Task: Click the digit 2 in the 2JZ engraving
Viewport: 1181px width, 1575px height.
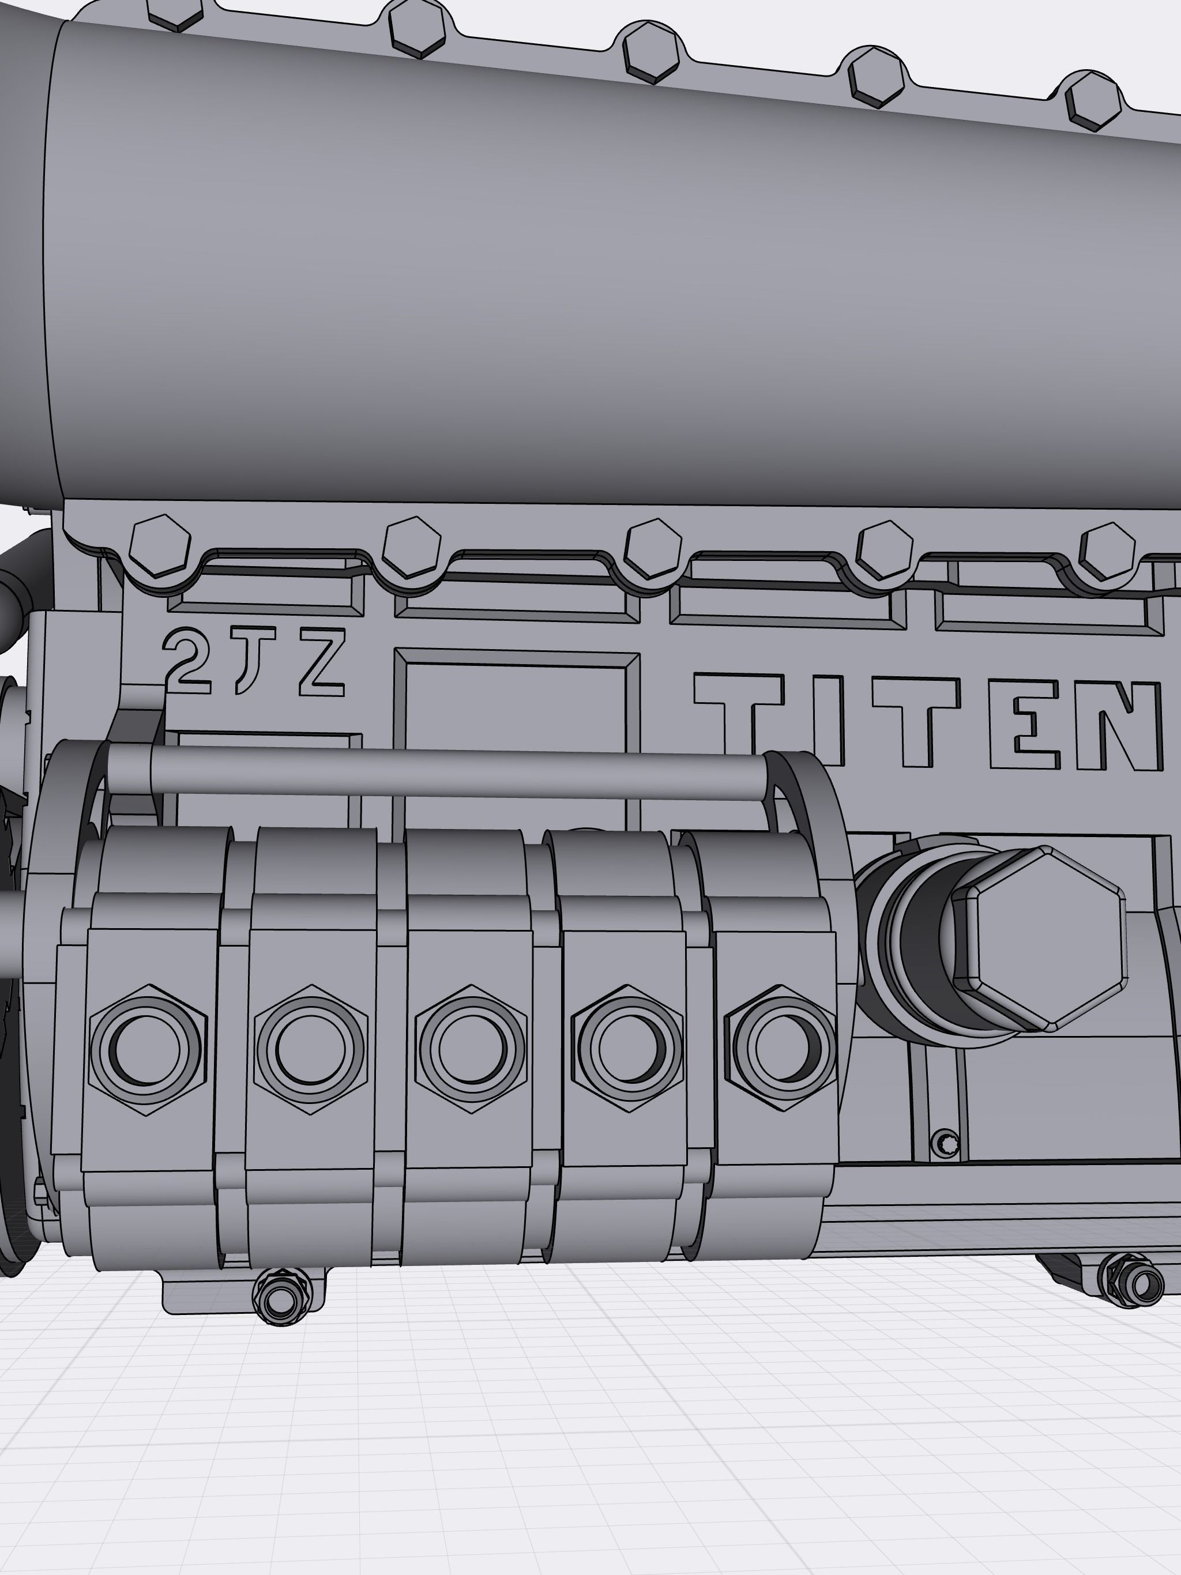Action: coord(187,661)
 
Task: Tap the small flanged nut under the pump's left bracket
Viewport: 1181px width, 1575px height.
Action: coord(282,1302)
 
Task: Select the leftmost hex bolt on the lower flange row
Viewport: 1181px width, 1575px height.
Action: coord(160,546)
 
